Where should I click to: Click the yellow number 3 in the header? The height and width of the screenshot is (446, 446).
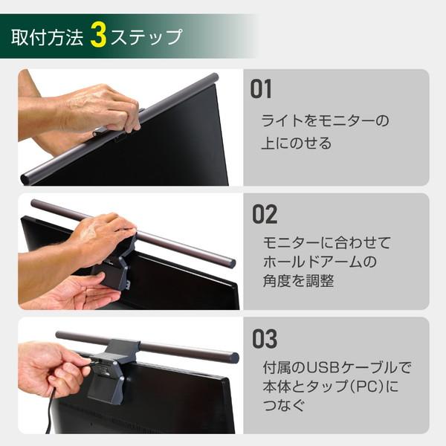(x=98, y=36)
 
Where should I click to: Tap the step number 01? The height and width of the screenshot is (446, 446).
(x=261, y=91)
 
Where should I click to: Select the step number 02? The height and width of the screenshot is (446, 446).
(x=264, y=215)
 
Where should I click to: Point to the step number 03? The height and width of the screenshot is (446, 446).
(x=264, y=339)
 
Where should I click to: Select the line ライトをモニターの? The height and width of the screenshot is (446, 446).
(x=324, y=120)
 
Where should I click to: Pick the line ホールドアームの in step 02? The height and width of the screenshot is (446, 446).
(x=320, y=262)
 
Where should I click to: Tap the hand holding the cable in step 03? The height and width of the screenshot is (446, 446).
(x=49, y=367)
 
